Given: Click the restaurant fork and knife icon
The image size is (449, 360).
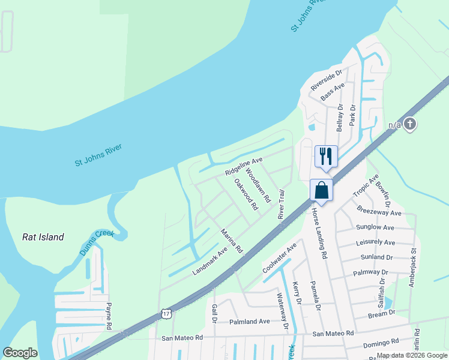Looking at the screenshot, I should pos(326,157).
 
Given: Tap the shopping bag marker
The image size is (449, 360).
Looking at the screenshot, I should pos(321,191).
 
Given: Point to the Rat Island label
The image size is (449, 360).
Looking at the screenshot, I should pos(43,237).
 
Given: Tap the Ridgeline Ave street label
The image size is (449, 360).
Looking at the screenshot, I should pos(244,166).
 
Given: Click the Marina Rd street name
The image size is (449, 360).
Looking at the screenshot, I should pos(231,240).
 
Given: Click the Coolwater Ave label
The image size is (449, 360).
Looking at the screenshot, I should pos(280,258).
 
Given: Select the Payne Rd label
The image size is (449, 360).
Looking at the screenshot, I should pos(109,316).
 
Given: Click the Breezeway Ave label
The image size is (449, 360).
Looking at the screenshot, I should pos(379,212).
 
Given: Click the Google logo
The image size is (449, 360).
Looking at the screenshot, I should pos(20,353).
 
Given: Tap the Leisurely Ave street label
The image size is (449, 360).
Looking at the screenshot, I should pos(375,243).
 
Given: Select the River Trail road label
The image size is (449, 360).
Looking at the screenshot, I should pos(281,204).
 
